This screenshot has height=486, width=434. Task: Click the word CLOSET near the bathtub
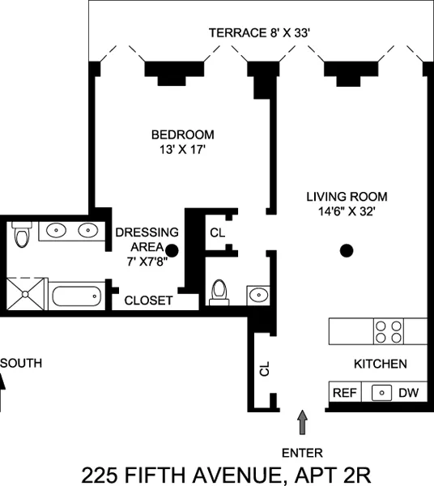click(x=148, y=301)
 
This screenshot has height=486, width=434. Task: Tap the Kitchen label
click(x=380, y=364)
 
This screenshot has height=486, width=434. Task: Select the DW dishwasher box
click(x=408, y=394)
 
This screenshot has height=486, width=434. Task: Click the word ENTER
click(x=303, y=453)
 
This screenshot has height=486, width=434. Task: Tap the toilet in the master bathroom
click(x=22, y=236)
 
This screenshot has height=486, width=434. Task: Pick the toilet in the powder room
click(x=219, y=292)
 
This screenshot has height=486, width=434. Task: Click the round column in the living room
click(x=347, y=250)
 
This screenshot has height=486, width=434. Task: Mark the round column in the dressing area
click(x=172, y=250)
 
